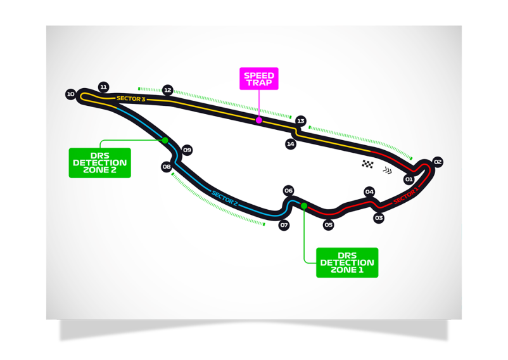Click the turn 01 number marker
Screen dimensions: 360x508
(x=409, y=179)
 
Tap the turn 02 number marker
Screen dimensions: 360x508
(x=438, y=162)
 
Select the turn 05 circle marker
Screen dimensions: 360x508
(x=328, y=224)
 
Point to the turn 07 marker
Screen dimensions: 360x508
(x=284, y=225)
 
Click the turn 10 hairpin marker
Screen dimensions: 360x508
(x=70, y=94)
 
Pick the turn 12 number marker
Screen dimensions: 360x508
(x=167, y=90)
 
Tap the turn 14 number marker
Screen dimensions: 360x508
(x=290, y=144)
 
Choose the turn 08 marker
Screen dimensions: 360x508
(x=167, y=167)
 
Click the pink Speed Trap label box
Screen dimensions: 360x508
(x=258, y=79)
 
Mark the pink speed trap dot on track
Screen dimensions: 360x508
(x=258, y=120)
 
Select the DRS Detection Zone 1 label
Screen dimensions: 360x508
(x=347, y=262)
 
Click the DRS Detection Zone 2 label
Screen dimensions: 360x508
(x=100, y=163)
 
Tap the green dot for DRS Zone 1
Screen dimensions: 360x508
(x=304, y=206)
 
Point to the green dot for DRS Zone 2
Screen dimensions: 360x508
(x=165, y=140)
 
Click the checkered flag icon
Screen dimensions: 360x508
(x=368, y=165)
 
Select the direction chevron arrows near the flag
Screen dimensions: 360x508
(x=387, y=170)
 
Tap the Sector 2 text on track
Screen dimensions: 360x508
(x=224, y=198)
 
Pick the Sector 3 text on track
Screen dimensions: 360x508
(x=131, y=100)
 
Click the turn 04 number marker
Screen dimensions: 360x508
(x=369, y=192)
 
